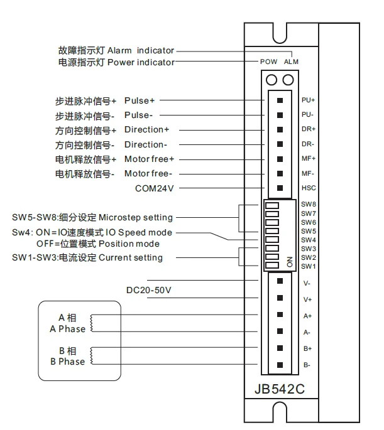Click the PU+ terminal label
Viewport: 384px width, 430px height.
[x=308, y=100]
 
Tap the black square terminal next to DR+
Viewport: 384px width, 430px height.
[x=280, y=129]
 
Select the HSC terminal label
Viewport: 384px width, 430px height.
[x=308, y=188]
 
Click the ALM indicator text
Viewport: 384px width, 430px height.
[x=291, y=62]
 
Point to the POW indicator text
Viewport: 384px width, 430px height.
[x=268, y=62]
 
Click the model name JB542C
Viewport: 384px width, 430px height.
[x=280, y=388]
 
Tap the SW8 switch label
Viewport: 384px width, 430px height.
[x=308, y=204]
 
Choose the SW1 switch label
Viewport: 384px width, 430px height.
[x=308, y=266]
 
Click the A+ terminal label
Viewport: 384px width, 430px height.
[x=308, y=315]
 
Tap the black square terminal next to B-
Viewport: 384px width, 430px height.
[x=280, y=365]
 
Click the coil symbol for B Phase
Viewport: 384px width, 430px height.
[x=93, y=355]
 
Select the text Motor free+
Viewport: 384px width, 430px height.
[x=149, y=158]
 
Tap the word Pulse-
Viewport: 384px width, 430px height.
[x=138, y=115]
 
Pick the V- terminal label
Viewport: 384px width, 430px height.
[x=307, y=282]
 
